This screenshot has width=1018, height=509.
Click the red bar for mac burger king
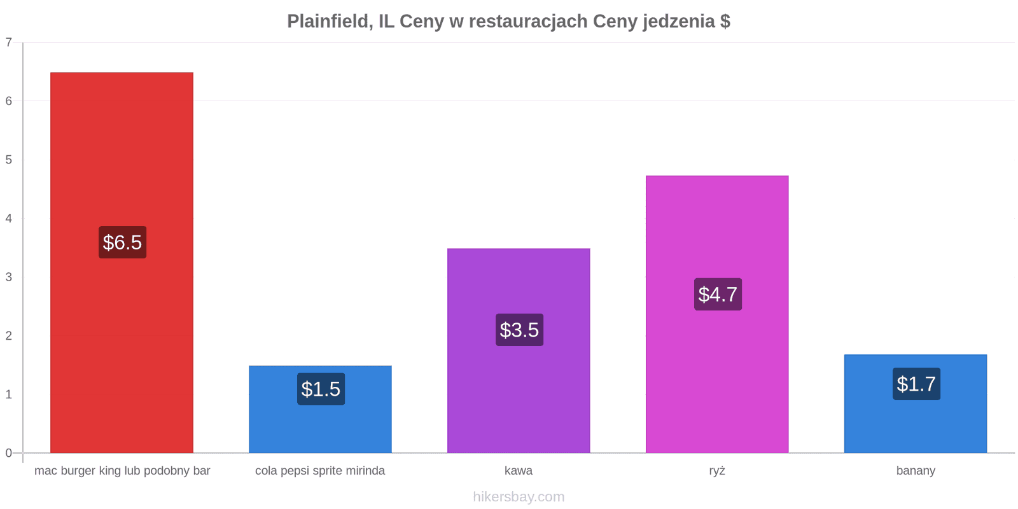(x=122, y=262)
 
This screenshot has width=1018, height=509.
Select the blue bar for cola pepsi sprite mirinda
(x=320, y=409)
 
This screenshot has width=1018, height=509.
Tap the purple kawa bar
(x=519, y=351)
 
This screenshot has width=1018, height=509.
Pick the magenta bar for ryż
(x=717, y=314)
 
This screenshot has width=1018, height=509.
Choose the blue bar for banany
(x=916, y=403)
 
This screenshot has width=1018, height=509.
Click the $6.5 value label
(x=123, y=242)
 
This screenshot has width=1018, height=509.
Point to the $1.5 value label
(x=321, y=389)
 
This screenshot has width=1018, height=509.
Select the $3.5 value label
(x=519, y=330)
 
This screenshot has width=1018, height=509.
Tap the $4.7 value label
(x=718, y=295)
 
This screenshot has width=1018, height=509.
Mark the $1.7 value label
(x=916, y=384)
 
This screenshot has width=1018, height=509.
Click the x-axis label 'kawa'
(x=519, y=470)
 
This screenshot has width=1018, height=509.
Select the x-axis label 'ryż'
(x=717, y=471)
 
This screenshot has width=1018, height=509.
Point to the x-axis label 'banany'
(x=916, y=471)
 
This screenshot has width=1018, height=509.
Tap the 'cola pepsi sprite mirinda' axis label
(x=320, y=471)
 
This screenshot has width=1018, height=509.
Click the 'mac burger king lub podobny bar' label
(x=122, y=471)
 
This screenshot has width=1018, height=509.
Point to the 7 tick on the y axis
(x=9, y=42)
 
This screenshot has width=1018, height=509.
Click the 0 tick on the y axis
(x=9, y=452)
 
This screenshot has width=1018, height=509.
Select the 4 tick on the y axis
(x=9, y=218)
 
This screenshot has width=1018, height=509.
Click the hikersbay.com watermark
(x=519, y=497)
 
